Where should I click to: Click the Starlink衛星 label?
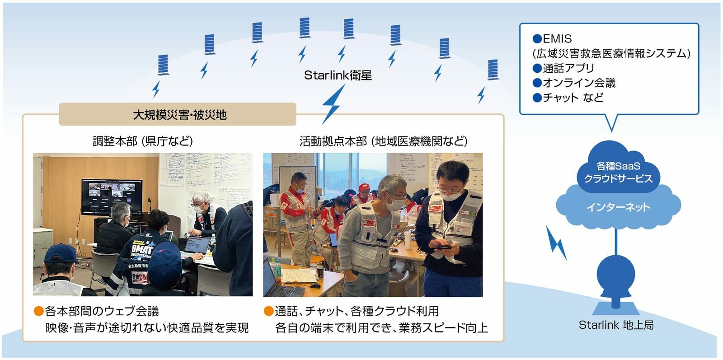[338, 75]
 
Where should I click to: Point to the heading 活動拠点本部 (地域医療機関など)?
[383, 141]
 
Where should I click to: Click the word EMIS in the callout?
[557, 39]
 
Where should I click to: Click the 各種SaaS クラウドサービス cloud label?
[618, 173]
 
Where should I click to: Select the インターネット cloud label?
[618, 207]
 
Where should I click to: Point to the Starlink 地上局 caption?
[616, 325]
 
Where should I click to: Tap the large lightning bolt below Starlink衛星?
[333, 103]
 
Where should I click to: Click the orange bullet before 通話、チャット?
[268, 311]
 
